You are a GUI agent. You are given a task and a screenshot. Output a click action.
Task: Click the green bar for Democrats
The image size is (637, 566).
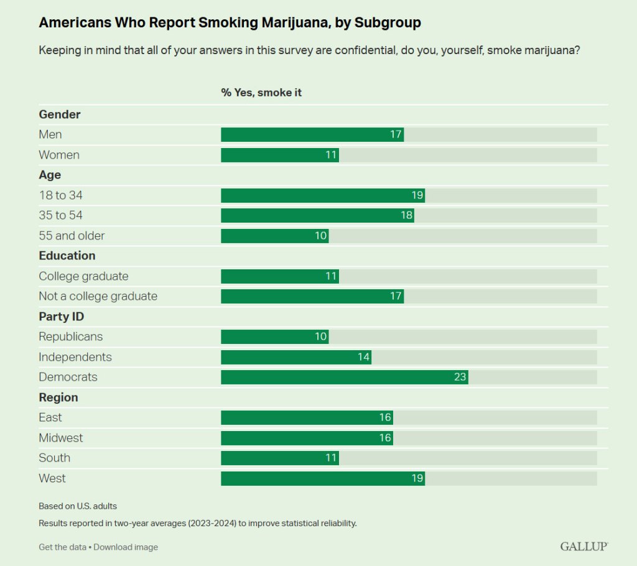[x=344, y=378]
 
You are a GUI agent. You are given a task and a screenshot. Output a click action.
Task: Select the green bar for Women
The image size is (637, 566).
[x=279, y=155]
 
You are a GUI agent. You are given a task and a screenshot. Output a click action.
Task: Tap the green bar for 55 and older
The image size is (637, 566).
[x=274, y=236]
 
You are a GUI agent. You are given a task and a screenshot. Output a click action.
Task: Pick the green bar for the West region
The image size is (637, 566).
[x=322, y=478]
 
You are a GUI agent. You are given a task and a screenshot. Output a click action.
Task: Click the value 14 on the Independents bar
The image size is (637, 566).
[x=363, y=357]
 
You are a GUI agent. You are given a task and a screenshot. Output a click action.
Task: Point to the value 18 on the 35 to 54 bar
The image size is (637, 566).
[x=407, y=216]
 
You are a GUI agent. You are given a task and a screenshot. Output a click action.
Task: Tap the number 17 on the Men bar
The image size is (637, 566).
[x=396, y=134]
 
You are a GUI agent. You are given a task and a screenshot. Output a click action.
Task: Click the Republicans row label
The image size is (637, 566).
[x=70, y=336]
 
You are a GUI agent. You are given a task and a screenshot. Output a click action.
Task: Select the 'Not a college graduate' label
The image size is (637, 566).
[x=98, y=296]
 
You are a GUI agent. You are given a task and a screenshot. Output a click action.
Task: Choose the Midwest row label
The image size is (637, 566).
[x=60, y=438]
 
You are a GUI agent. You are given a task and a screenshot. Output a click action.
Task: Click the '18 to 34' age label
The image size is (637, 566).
[x=60, y=195]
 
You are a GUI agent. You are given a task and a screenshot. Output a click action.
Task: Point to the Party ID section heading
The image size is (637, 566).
[x=62, y=317]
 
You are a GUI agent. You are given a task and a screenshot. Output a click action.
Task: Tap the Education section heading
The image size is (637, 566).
[x=67, y=256]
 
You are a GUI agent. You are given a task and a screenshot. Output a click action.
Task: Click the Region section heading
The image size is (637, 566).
[x=58, y=397]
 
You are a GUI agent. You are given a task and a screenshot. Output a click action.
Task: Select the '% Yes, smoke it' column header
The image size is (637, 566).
[x=261, y=93]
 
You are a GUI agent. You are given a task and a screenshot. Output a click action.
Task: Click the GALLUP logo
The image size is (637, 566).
[x=584, y=547]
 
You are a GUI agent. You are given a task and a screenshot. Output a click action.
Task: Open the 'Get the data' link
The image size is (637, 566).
[x=62, y=547]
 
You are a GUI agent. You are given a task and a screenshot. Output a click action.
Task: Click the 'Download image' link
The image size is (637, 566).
[x=126, y=547]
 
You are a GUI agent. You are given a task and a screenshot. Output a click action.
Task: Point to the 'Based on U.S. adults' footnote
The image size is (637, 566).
[x=78, y=506]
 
